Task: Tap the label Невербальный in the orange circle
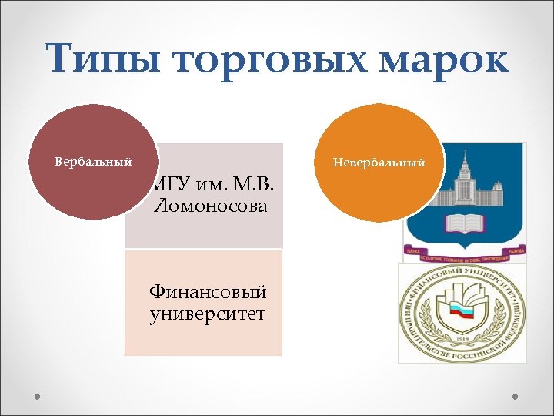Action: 379,163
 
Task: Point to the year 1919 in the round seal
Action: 463,338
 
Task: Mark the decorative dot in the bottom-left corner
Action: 36,397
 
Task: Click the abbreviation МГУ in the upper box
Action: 168,186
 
